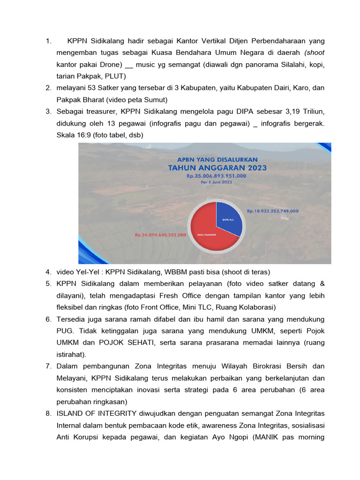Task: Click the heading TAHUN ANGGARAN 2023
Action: pos(217,168)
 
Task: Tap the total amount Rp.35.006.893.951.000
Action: pos(216,176)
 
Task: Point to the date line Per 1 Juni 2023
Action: pos(216,182)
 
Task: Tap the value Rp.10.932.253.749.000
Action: pos(272,211)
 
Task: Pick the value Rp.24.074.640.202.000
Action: pos(160,235)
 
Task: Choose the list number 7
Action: pos(48,366)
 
